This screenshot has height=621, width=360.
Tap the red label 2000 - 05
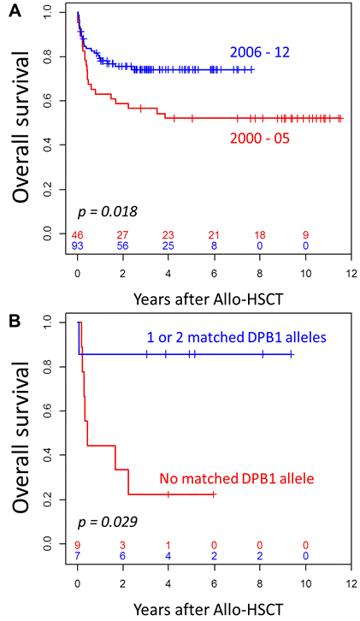263,135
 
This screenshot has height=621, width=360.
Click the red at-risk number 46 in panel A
77,234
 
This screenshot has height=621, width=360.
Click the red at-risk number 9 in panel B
77,544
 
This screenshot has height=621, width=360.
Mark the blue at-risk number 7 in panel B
77,556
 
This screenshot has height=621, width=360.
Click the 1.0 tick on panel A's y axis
58,13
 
